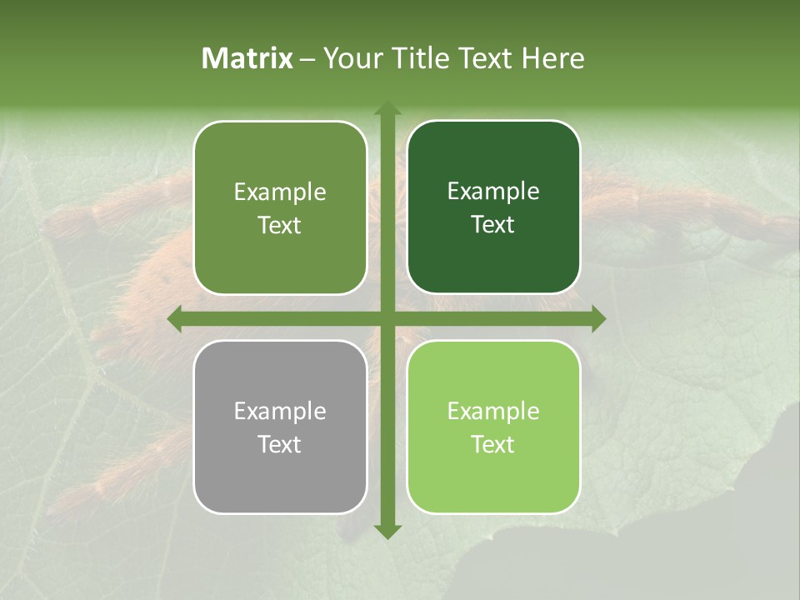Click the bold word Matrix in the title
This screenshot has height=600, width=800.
[247, 58]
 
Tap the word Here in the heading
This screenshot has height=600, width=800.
[553, 58]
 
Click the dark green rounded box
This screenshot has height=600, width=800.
[493, 207]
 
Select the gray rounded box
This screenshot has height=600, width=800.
[280, 427]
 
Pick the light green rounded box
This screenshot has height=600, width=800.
[493, 427]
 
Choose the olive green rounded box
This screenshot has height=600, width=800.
[280, 207]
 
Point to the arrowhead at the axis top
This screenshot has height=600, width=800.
[387, 108]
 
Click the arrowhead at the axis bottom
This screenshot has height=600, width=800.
[387, 531]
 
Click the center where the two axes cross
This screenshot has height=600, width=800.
[387, 318]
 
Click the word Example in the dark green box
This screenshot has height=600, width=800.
[493, 192]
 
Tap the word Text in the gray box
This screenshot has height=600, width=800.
[279, 444]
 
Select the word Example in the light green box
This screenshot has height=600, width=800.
[493, 411]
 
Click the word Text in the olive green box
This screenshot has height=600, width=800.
[279, 225]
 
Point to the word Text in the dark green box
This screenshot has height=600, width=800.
[493, 224]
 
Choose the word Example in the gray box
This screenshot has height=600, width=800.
[280, 411]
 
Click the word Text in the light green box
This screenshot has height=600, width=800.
[493, 444]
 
